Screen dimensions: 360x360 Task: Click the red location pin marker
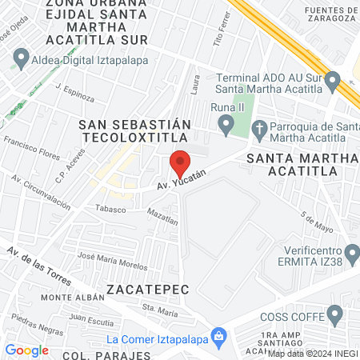click(x=181, y=165)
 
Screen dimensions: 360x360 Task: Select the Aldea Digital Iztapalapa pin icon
click(x=21, y=58)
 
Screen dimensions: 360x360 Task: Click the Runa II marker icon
click(x=226, y=124)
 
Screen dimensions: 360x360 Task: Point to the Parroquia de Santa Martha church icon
click(x=259, y=128)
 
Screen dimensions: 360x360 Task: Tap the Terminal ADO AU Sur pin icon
click(x=334, y=78)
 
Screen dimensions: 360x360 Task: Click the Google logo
click(x=26, y=350)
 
